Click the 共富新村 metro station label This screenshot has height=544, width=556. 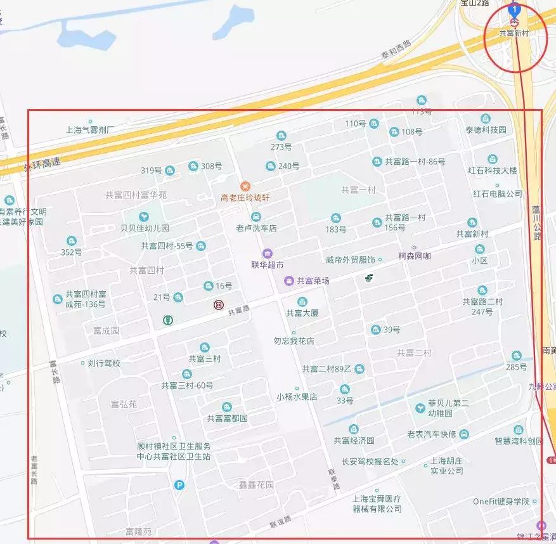click(x=514, y=34)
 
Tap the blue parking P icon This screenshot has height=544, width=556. click(x=179, y=486)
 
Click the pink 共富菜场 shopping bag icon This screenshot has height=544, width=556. click(x=288, y=280)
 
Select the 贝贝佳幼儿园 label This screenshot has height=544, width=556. click(x=145, y=228)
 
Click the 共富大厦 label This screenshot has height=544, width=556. click(x=302, y=313)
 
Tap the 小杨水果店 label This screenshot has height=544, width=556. click(x=297, y=398)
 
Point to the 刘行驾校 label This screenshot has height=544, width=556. click(x=104, y=364)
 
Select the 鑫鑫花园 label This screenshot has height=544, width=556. click(x=255, y=485)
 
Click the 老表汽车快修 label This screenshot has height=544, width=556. click(x=431, y=434)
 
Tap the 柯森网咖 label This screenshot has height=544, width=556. click(x=414, y=257)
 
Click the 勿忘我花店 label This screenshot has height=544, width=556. click(x=294, y=341)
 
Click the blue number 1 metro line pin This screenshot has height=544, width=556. click(x=515, y=10)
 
